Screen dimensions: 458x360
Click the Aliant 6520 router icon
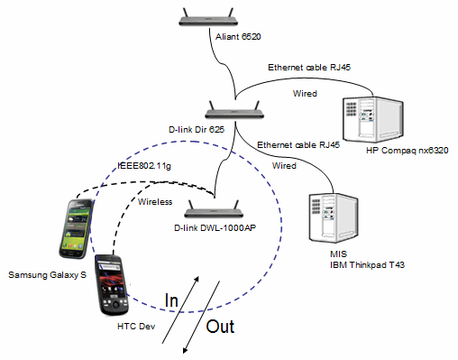tap(208, 18)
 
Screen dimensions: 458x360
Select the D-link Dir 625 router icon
tap(234, 110)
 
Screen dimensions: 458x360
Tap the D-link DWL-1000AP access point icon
tap(214, 209)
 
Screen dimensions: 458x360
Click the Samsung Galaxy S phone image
tap(76, 229)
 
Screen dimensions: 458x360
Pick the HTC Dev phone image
tap(112, 285)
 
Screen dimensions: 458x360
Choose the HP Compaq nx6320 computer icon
tap(373, 119)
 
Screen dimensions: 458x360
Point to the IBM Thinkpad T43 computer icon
tap(334, 217)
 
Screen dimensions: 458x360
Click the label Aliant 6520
tap(238, 37)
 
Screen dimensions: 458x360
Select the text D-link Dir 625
tap(197, 130)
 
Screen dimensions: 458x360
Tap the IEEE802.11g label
tap(144, 166)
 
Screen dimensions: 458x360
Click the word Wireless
tap(155, 202)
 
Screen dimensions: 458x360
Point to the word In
tap(171, 300)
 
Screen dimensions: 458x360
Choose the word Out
tap(220, 327)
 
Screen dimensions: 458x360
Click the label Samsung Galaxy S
tap(47, 275)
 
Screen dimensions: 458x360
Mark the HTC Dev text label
tap(136, 327)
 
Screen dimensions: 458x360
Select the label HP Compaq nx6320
tap(408, 151)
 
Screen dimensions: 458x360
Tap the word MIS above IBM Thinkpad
tap(338, 254)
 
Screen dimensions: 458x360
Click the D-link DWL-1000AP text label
tap(215, 228)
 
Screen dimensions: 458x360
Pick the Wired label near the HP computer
tap(305, 94)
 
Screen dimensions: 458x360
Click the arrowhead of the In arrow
tap(197, 278)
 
